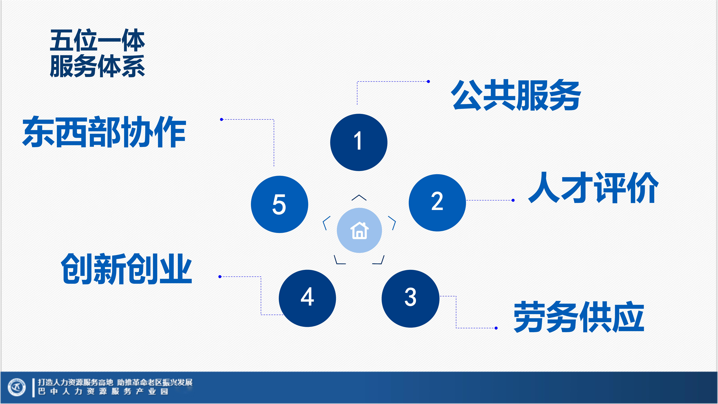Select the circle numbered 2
[x=437, y=203]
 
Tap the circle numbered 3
[x=411, y=299]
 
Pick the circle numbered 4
[x=307, y=298]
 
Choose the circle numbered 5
[x=280, y=204]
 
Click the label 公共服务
[x=516, y=95]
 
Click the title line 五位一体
[x=97, y=40]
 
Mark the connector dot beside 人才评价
[x=513, y=200]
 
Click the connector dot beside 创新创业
[x=220, y=277]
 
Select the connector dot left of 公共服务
[x=428, y=81]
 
